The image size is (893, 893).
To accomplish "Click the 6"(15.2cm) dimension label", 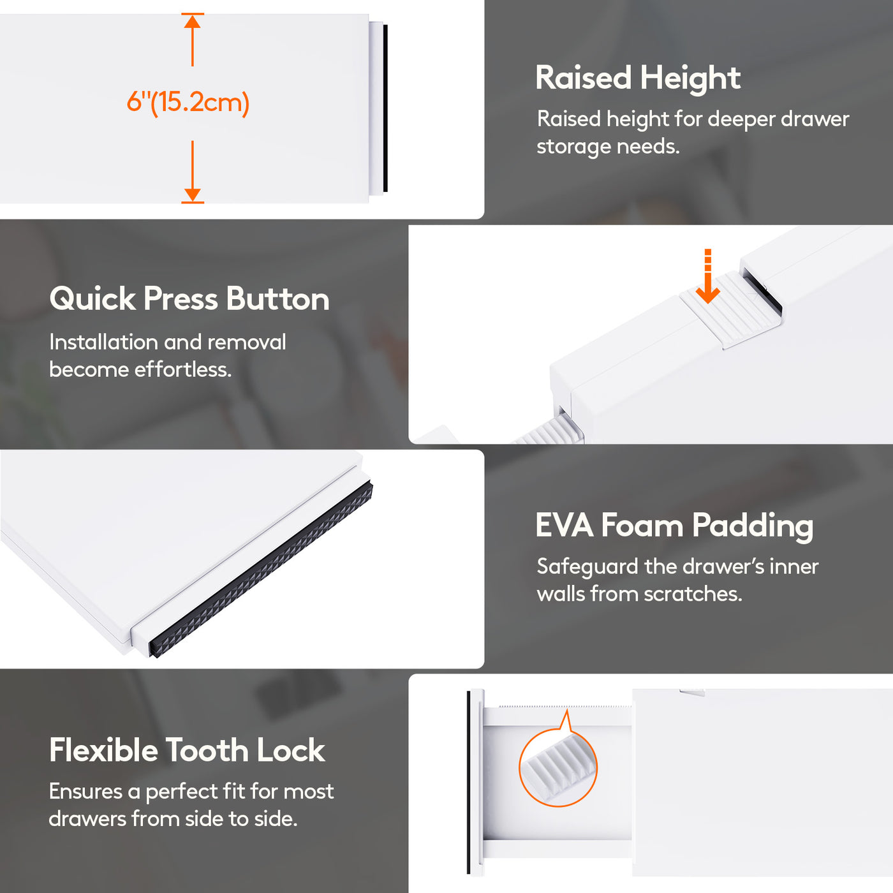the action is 188,103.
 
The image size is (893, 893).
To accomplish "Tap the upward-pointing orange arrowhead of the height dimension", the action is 193,21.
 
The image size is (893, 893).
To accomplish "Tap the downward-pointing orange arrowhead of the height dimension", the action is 193,195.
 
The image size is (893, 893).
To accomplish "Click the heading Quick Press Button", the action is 189,299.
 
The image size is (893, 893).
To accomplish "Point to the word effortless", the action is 183,370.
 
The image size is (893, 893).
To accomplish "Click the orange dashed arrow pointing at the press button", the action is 707,276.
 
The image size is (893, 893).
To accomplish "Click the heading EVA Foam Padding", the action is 674,526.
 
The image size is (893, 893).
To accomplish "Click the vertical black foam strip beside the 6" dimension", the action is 385,108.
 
